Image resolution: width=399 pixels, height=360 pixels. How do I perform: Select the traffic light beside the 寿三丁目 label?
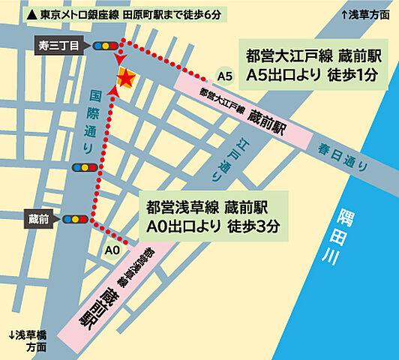109,46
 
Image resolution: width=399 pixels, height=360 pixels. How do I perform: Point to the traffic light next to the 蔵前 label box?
76,219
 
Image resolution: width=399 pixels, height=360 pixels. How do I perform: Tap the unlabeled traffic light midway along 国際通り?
81,167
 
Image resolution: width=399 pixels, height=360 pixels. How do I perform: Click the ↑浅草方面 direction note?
367,14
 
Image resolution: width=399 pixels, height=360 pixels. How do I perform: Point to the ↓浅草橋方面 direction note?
28,340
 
